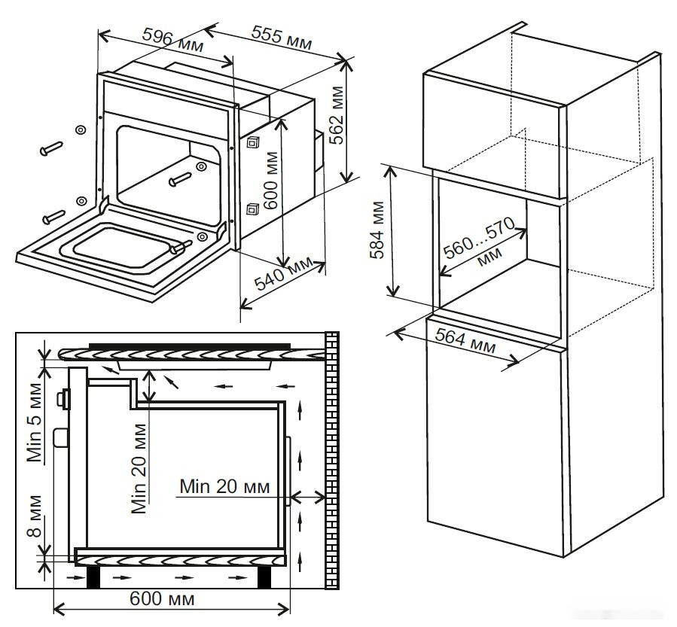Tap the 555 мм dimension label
[x=282, y=39]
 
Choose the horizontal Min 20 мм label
[x=224, y=486]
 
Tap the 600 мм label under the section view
[x=162, y=599]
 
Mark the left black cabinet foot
[x=94, y=576]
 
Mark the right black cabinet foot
[x=265, y=576]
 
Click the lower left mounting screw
[x=53, y=216]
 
